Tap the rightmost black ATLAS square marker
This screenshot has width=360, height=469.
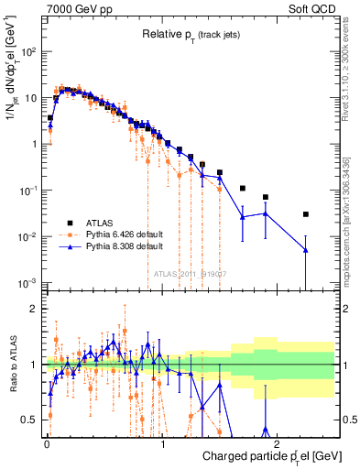(306, 214)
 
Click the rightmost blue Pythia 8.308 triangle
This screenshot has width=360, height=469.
(306, 250)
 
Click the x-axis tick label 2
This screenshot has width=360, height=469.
(278, 443)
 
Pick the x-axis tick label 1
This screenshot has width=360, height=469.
(162, 443)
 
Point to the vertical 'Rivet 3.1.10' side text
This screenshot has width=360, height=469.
(351, 67)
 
